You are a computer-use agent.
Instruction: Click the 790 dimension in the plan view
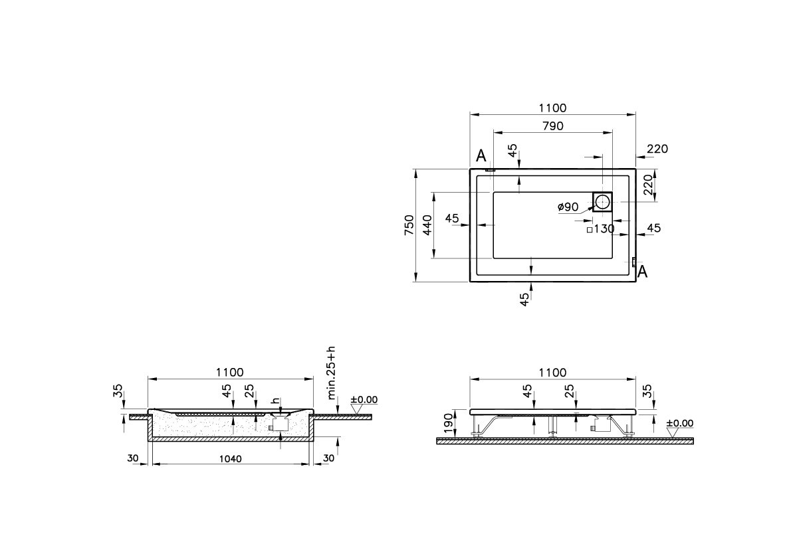pyautogui.click(x=552, y=126)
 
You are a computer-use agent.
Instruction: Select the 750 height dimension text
pyautogui.click(x=409, y=225)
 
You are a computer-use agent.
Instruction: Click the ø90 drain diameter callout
pyautogui.click(x=568, y=207)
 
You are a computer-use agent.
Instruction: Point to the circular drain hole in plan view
pyautogui.click(x=603, y=201)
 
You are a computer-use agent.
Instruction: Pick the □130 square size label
pyautogui.click(x=600, y=229)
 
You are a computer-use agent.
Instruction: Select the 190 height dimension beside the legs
pyautogui.click(x=448, y=420)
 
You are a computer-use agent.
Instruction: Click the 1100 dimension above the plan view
pyautogui.click(x=552, y=108)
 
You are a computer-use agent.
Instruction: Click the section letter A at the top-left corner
pyautogui.click(x=482, y=156)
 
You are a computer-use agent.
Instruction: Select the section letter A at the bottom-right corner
pyautogui.click(x=642, y=271)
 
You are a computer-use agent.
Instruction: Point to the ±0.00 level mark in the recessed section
pyautogui.click(x=363, y=399)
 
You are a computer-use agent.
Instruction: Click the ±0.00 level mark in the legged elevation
pyautogui.click(x=679, y=422)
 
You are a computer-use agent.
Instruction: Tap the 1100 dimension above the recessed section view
pyautogui.click(x=230, y=373)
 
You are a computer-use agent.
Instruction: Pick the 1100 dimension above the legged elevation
pyautogui.click(x=552, y=373)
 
